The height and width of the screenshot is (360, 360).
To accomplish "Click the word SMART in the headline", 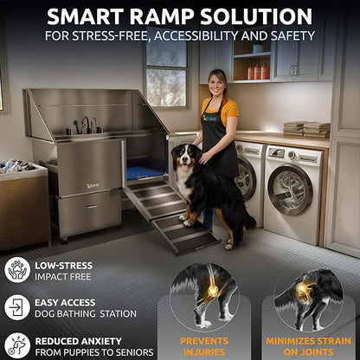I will coord(89,16).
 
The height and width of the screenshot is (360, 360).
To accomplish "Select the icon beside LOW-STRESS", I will coord(16,269).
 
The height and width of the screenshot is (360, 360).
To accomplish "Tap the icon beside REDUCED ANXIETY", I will coord(16,344).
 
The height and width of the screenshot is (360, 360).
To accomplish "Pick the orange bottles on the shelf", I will coord(257,71).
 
